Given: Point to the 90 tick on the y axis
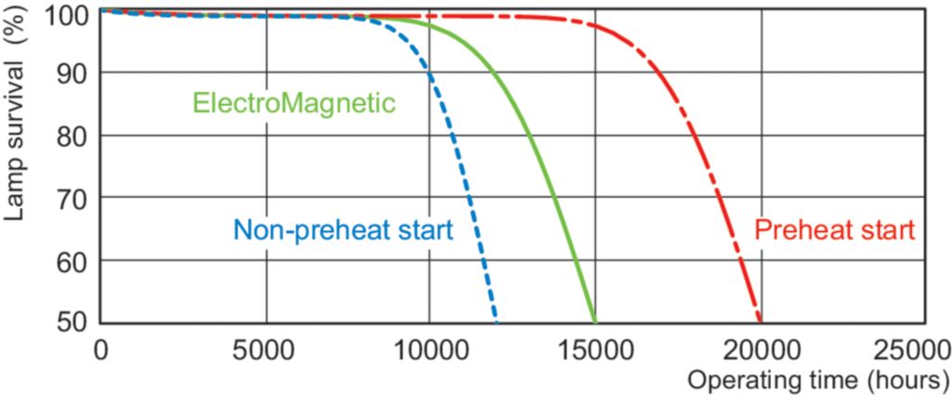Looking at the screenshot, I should click(73, 73).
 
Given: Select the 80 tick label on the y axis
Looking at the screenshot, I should click(73, 136).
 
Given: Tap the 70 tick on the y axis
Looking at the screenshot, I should click(73, 198).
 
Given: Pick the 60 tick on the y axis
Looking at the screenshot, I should click(73, 260).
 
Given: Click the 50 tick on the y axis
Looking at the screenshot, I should click(73, 322).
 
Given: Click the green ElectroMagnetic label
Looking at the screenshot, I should click(294, 102).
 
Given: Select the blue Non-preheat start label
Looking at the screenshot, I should click(343, 229).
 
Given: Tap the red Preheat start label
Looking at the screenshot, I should click(835, 229).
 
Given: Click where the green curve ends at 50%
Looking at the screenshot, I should click(594, 319).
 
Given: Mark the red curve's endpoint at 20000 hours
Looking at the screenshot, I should click(760, 319).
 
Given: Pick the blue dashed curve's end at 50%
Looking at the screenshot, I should click(496, 319).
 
